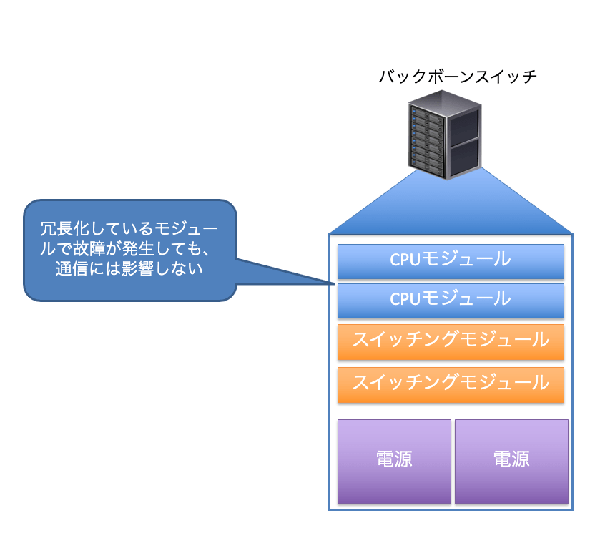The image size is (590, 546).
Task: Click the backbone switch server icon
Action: [x=445, y=135]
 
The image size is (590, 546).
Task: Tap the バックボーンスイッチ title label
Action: [x=458, y=77]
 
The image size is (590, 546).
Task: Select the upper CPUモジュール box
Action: [x=451, y=261]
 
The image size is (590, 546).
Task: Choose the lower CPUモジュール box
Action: [x=451, y=301]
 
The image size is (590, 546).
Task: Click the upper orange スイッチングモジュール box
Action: [x=451, y=342]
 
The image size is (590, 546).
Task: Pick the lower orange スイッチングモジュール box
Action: [x=451, y=385]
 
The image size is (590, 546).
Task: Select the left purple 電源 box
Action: [x=394, y=462]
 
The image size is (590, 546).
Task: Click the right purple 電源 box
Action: [x=511, y=462]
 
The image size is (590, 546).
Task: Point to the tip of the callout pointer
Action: [x=335, y=283]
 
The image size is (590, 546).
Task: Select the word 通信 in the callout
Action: [x=72, y=269]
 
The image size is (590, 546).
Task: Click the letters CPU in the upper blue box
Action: [x=404, y=260]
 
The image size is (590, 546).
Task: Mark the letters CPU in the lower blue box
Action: [x=404, y=299]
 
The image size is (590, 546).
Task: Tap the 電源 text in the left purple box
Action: [x=394, y=459]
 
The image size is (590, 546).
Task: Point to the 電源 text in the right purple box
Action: [x=512, y=459]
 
